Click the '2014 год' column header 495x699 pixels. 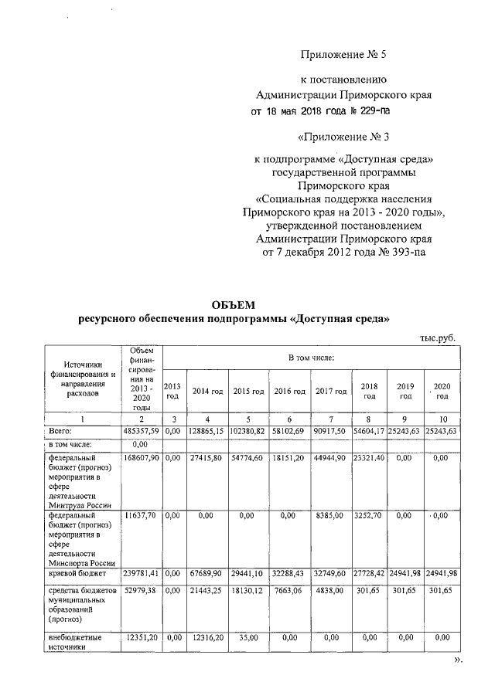206,392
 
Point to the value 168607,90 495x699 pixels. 141,458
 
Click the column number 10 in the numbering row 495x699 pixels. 442,418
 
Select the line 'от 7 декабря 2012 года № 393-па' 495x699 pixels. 343,251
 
